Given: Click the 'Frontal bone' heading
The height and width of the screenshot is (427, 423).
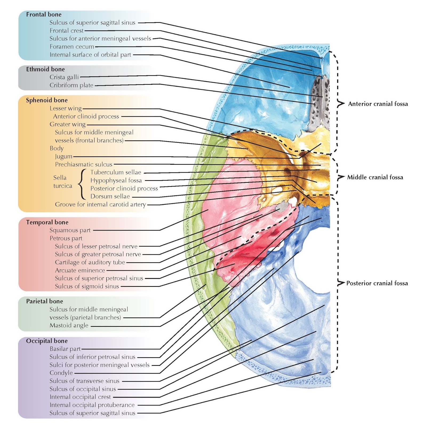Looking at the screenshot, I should coord(44,14).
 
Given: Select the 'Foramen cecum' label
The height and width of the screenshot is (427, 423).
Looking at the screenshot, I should coord(72,47).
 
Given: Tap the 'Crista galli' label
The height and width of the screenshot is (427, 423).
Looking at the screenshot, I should coord(64,77).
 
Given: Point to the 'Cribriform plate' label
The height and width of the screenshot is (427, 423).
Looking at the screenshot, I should coord(71,85).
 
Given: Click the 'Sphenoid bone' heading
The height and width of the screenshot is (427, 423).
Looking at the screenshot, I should coord(47,100).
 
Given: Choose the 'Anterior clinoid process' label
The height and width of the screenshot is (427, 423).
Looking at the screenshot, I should coord(86,116).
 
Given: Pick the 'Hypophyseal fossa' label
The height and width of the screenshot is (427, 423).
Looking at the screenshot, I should coord(116,180).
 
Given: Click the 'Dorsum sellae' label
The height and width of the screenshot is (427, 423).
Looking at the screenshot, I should coord(110,196).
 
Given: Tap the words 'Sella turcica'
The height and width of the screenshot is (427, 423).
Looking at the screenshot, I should coord(63,182).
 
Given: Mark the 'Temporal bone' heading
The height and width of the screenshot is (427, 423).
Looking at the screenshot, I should coord(47,222).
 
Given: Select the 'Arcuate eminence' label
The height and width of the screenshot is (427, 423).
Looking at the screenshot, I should coord(80,270).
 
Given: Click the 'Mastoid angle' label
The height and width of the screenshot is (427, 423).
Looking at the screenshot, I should coord(69,325).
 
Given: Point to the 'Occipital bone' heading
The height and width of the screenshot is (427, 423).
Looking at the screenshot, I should coord(47,341).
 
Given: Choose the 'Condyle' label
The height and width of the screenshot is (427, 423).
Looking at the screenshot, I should coord(61,373).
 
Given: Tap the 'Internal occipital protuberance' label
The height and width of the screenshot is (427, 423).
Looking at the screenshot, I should coord(92,405).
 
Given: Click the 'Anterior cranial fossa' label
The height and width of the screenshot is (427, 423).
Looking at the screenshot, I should coord(378,104).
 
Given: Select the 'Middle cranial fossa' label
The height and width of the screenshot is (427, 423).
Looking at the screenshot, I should coord(375,177).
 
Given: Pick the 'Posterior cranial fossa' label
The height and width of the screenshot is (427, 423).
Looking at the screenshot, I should coord(377,283).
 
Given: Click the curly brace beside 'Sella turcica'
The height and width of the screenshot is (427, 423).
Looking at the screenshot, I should coord(82,184).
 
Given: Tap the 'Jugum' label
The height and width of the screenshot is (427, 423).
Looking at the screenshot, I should coord(63,156).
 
